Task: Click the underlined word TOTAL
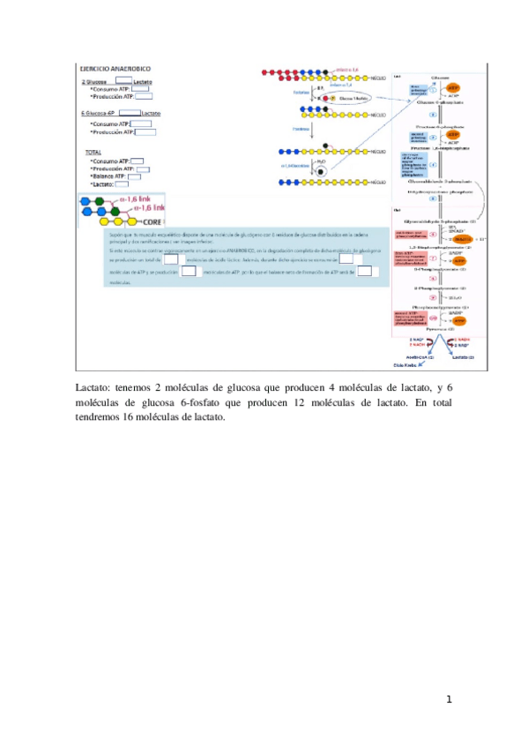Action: (93, 153)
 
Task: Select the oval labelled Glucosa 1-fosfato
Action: (357, 98)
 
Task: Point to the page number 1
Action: (449, 699)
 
